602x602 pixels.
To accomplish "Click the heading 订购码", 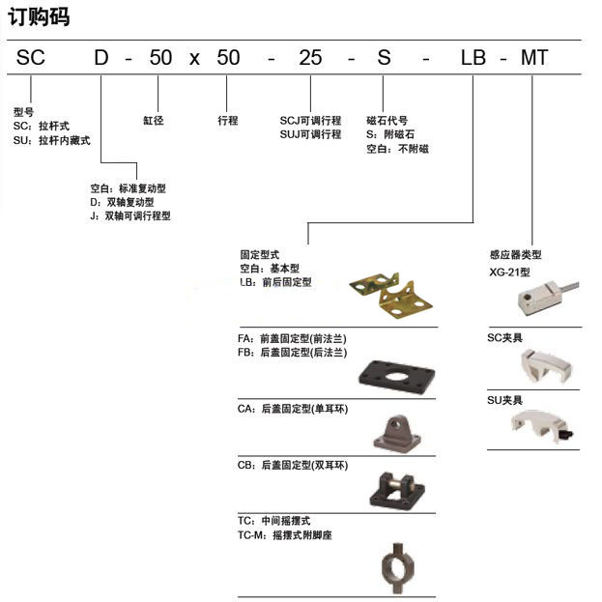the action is [39, 17].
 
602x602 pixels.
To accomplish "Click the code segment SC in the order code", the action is [31, 58].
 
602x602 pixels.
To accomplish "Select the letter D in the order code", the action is [101, 58].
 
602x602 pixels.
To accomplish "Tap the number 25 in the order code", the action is [310, 58].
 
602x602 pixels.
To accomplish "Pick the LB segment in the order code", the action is [473, 58].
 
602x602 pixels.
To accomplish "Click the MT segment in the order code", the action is [534, 58].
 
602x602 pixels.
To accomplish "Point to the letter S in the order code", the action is [384, 58].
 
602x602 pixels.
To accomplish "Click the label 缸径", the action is [154, 121].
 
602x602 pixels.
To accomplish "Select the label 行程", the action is [228, 121].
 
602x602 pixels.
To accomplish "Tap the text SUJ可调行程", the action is [310, 134].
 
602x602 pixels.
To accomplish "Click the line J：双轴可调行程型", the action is [130, 215].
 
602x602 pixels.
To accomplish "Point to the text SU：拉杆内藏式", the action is [52, 140].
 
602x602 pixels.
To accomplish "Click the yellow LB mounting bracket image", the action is [390, 295].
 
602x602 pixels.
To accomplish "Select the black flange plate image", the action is [396, 378].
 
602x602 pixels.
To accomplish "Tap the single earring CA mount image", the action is [397, 434].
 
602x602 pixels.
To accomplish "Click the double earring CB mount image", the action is [397, 490].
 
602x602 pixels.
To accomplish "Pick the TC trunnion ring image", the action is [398, 568].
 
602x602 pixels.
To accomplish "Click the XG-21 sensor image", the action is [548, 298].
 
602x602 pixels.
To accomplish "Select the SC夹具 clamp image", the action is [546, 366].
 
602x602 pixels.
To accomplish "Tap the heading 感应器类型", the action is [516, 254].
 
